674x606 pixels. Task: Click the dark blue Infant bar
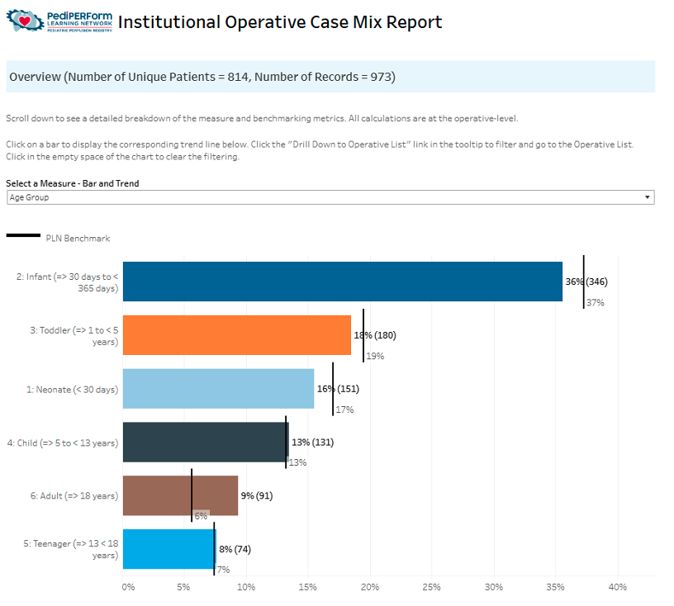pyautogui.click(x=342, y=281)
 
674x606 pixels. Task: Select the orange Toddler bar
pyautogui.click(x=236, y=334)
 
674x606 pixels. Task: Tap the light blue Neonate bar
pyautogui.click(x=218, y=388)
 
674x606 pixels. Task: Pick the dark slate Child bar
pyautogui.click(x=205, y=442)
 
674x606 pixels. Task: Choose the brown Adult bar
pyautogui.click(x=180, y=495)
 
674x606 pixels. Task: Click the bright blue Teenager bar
pyautogui.click(x=168, y=549)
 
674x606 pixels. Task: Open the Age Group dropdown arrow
pyautogui.click(x=646, y=198)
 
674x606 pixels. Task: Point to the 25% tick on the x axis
pyautogui.click(x=431, y=587)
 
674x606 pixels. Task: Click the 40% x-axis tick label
pyautogui.click(x=617, y=587)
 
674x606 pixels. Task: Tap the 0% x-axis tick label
pyautogui.click(x=128, y=587)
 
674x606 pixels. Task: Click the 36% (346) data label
pyautogui.click(x=586, y=282)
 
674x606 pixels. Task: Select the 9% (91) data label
pyautogui.click(x=256, y=495)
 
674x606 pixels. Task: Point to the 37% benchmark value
pyautogui.click(x=595, y=303)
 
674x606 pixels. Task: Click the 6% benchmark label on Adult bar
pyautogui.click(x=201, y=516)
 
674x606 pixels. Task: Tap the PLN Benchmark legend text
pyautogui.click(x=78, y=239)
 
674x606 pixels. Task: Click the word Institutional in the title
pyautogui.click(x=168, y=22)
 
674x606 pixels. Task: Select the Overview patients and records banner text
pyautogui.click(x=202, y=78)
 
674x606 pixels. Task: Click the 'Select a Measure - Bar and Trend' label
pyautogui.click(x=73, y=183)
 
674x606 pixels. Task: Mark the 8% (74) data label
pyautogui.click(x=235, y=549)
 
